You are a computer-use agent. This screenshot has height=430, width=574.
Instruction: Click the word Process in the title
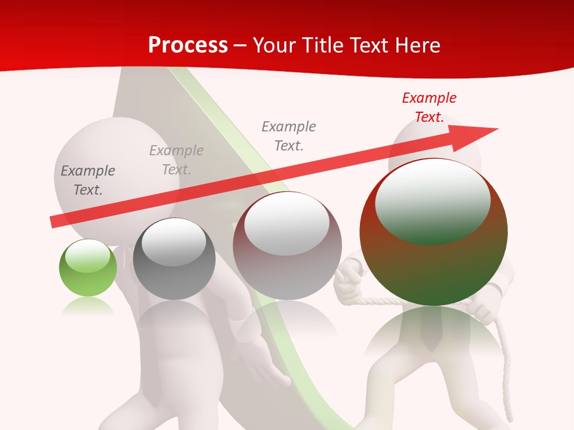188,45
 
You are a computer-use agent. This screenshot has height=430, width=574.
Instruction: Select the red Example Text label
429,107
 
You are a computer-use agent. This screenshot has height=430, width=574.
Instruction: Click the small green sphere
88,268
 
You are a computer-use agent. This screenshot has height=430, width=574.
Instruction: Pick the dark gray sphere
174,259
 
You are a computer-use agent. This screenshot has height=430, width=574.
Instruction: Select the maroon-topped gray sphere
287,245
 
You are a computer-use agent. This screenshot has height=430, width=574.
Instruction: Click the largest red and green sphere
433,233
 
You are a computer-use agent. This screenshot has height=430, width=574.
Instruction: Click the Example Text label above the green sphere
88,180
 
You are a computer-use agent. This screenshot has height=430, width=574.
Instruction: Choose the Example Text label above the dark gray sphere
176,160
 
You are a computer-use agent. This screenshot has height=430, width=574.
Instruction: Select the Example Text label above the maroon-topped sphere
289,136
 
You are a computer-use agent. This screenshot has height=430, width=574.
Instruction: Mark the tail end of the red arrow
54,222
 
